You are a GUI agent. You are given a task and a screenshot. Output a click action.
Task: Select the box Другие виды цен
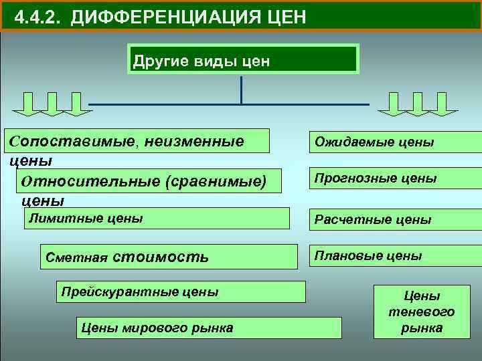click(x=242, y=59)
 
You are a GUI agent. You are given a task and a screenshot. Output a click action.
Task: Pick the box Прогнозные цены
click(x=394, y=179)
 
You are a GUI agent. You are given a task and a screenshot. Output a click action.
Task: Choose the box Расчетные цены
click(x=394, y=219)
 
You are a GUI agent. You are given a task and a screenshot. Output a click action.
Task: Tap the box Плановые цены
click(x=394, y=256)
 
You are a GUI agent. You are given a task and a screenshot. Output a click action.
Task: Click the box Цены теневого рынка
click(x=421, y=312)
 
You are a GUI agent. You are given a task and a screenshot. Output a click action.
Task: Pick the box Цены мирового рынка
click(x=207, y=328)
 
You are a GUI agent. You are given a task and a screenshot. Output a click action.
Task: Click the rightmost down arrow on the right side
click(x=443, y=104)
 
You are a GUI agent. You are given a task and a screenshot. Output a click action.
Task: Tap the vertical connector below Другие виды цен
click(x=241, y=88)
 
